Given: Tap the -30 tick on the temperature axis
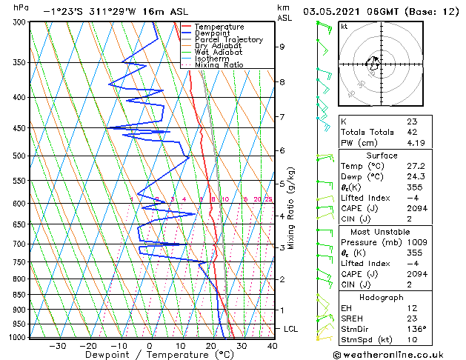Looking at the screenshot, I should click(57, 345).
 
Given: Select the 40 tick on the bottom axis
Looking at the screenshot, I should click(272, 345).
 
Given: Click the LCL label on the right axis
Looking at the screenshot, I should click(291, 328).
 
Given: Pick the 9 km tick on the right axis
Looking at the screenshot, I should click(282, 47).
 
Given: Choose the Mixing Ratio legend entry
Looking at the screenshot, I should click(219, 65).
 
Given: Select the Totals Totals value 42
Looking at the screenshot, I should click(412, 132).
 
